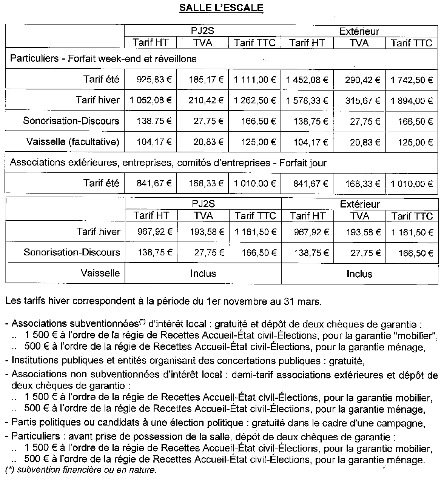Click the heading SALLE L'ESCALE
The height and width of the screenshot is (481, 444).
(221, 8)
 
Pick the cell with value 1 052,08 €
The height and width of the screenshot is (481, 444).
(151, 100)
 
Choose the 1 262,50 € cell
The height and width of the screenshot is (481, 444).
(255, 100)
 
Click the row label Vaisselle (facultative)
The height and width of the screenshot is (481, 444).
(72, 142)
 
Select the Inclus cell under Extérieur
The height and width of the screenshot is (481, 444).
(359, 274)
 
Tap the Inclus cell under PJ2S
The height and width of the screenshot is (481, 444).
(203, 274)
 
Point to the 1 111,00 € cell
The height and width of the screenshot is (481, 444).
(255, 80)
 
